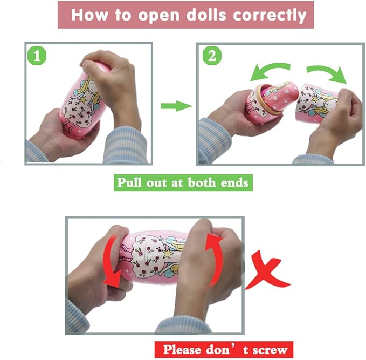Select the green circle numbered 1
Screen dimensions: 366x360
pyautogui.click(x=37, y=56)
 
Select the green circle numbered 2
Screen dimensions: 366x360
pyautogui.click(x=212, y=56)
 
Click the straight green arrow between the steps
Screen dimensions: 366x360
pyautogui.click(x=176, y=106)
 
